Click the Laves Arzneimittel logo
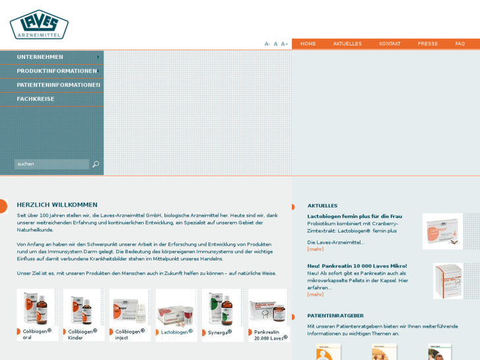(39, 24)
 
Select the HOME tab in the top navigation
(308, 44)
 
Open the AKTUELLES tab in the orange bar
(347, 44)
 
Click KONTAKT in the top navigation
(390, 44)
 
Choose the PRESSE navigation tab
(428, 44)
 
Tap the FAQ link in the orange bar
(460, 44)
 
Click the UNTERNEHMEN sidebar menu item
(40, 57)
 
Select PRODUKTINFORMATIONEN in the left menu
(57, 71)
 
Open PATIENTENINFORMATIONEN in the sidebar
(58, 85)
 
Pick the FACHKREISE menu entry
(36, 99)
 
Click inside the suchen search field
(51, 164)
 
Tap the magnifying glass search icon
(96, 164)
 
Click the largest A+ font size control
(285, 44)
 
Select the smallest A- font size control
(267, 44)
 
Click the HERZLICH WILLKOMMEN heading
(57, 205)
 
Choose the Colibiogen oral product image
(36, 308)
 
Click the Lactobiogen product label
(176, 332)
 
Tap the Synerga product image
(221, 308)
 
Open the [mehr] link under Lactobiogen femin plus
(316, 249)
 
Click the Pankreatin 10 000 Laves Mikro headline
(357, 266)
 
